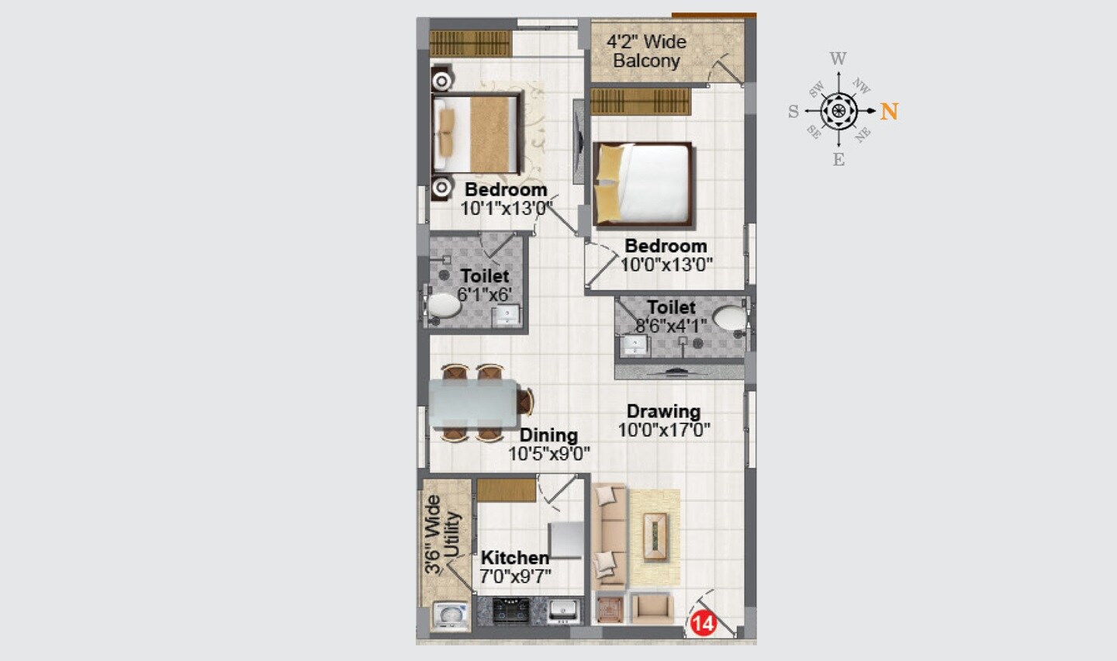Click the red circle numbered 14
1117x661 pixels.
click(703, 623)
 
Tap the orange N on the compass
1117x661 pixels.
click(889, 112)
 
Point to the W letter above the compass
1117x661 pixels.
click(838, 59)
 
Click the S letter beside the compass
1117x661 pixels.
click(793, 112)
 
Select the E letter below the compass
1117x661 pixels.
click(839, 160)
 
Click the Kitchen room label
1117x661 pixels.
click(514, 558)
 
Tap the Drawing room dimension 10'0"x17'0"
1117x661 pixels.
click(664, 430)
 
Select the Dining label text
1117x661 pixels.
click(548, 435)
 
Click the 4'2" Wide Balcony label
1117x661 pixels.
click(646, 51)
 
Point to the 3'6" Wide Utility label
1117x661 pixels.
click(442, 535)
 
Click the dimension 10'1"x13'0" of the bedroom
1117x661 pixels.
click(506, 208)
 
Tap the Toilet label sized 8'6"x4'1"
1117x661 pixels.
click(671, 307)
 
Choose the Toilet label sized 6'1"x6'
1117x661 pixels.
click(485, 276)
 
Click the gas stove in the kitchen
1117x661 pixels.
click(511, 611)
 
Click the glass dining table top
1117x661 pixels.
click(473, 403)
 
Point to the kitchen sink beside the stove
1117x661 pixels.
click(562, 611)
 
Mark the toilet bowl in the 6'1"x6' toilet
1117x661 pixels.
click(444, 305)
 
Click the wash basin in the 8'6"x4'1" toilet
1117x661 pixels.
click(635, 344)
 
